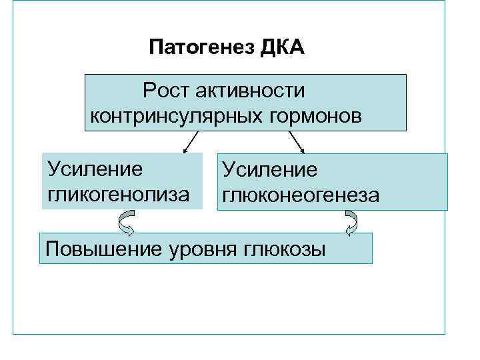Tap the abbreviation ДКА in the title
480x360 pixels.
click(x=282, y=48)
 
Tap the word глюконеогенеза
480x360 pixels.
click(x=301, y=195)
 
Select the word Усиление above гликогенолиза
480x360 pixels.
click(x=95, y=168)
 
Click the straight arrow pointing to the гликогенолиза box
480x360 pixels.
click(x=189, y=141)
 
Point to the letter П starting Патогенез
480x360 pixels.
click(x=155, y=48)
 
